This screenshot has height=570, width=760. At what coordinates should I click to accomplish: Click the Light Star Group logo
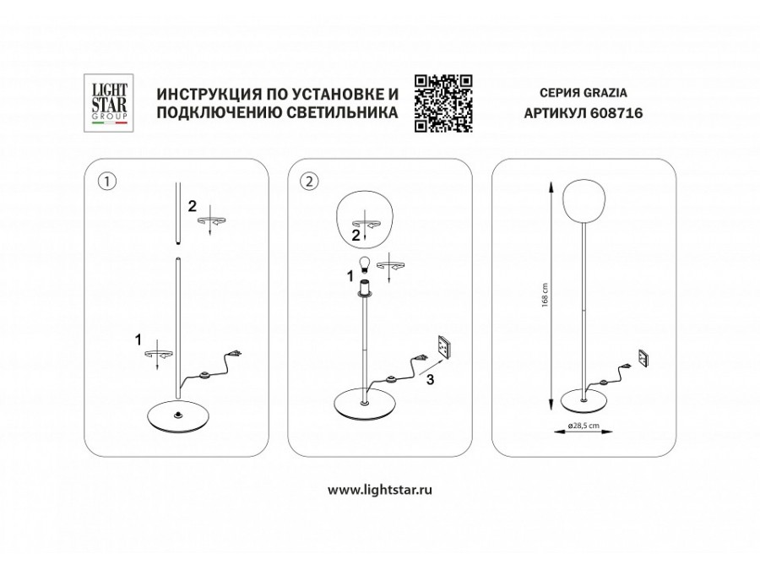109,103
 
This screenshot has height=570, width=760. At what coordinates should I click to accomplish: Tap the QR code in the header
443,103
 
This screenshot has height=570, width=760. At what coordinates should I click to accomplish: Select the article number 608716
617,113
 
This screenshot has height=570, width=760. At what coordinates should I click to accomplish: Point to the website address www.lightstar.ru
380,490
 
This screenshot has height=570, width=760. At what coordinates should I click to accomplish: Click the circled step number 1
107,182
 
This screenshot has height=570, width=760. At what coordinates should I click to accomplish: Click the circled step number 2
310,182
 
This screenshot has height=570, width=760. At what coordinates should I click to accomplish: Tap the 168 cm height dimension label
545,294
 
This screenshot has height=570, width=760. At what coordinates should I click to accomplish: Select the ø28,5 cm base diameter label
584,426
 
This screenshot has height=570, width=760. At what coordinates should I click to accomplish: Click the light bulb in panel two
362,264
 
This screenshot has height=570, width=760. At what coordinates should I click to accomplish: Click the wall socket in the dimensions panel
644,359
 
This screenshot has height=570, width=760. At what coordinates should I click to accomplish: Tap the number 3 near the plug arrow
430,380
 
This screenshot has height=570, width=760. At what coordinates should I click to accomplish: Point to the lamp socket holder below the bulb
363,289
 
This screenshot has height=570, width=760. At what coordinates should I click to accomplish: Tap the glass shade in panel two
365,217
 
